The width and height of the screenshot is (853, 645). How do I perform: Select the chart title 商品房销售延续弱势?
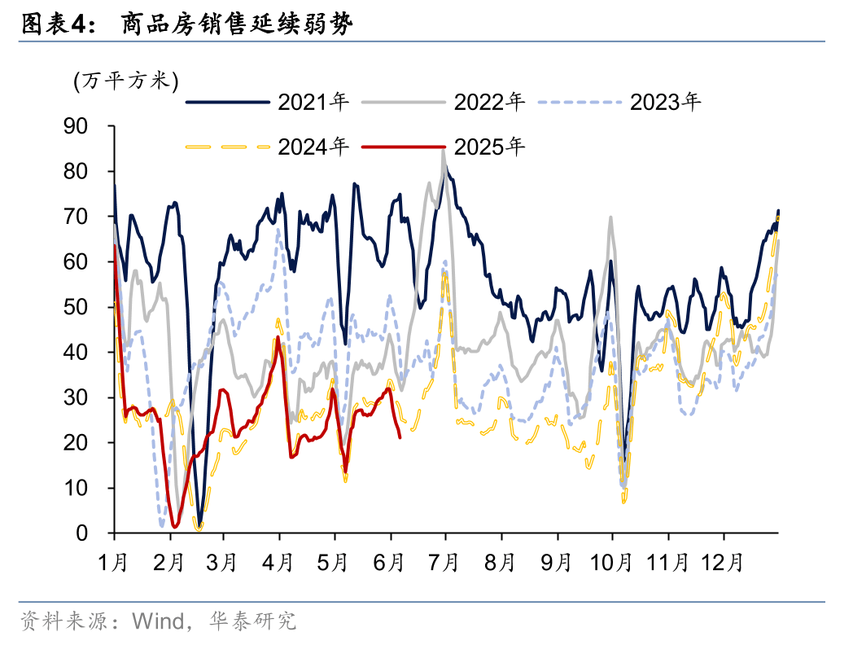click(x=237, y=24)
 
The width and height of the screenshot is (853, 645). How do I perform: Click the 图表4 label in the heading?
click(x=53, y=24)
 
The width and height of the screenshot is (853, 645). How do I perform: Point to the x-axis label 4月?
click(x=280, y=563)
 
